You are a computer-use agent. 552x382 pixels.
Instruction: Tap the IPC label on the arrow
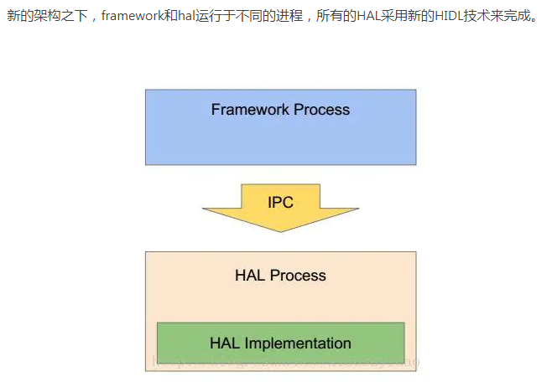pos(280,202)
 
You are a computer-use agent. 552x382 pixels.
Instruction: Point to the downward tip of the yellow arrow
pos(280,230)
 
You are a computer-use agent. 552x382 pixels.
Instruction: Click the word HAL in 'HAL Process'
pos(250,276)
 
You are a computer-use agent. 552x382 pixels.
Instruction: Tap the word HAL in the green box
pos(224,343)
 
